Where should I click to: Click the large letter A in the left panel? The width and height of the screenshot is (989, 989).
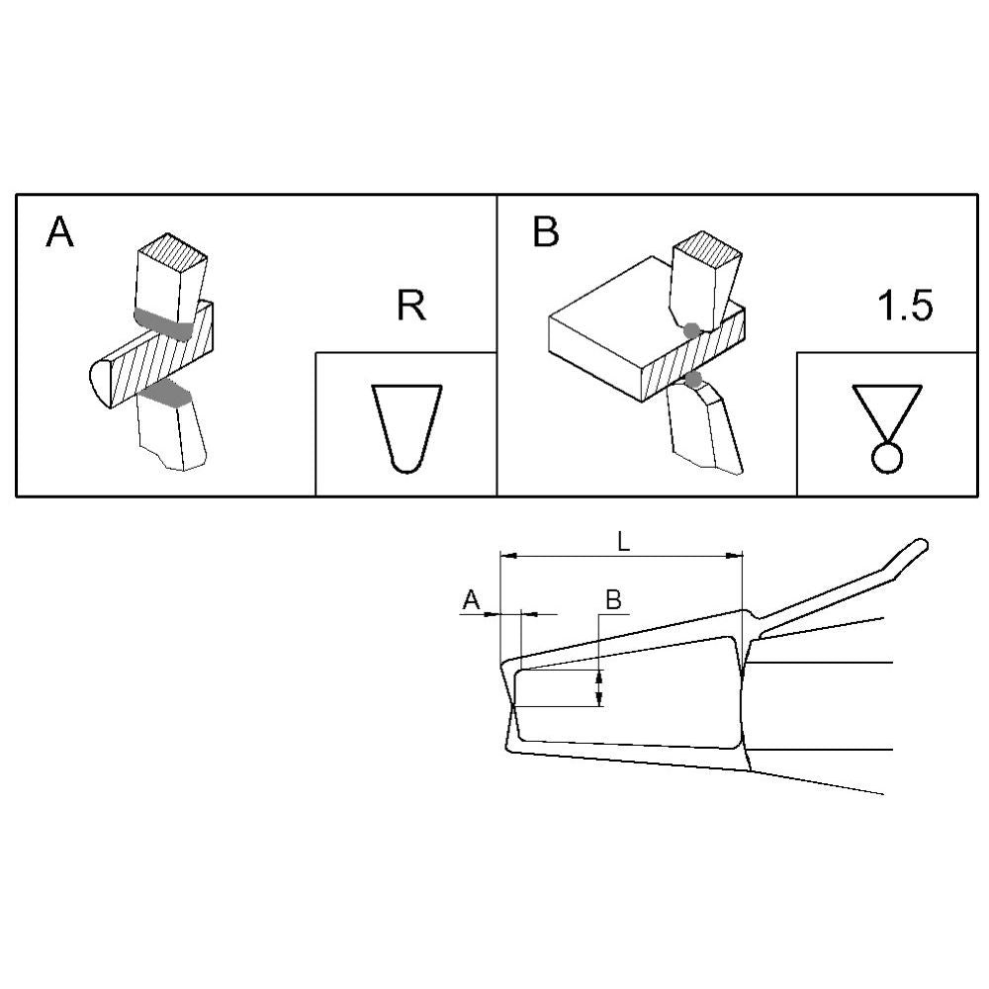coord(60,231)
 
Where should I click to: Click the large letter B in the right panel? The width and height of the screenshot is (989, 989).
coord(546,231)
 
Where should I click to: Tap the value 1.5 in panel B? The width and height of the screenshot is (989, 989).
coord(905,306)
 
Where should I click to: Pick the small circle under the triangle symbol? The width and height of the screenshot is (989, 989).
coord(887,458)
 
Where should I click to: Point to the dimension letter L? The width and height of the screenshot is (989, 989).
coord(623,542)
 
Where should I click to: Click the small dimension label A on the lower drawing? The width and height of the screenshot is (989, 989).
coord(471,600)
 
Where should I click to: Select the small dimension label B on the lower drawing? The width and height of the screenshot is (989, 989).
coord(613,599)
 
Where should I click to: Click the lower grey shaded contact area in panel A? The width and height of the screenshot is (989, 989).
coord(166,394)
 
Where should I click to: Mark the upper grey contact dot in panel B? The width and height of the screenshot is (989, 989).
coord(692,330)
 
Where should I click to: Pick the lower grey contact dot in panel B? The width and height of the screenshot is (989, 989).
coord(694,379)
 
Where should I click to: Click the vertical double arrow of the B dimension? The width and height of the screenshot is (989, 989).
coord(600,688)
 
